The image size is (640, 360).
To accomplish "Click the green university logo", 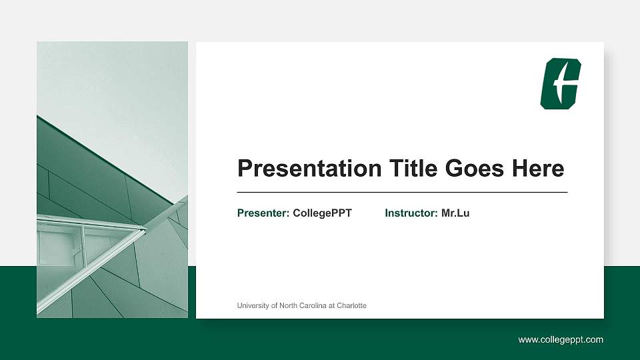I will tap(560, 83).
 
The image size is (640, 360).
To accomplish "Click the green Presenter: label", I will tap(263, 213).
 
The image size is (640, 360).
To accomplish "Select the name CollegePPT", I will tap(322, 213).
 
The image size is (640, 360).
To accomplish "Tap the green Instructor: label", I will tap(411, 213).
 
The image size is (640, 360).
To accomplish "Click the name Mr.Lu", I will tap(455, 213).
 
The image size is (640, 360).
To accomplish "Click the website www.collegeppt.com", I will tap(561, 340).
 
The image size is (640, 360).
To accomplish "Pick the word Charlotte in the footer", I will tap(351, 305).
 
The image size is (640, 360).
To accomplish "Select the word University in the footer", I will tap(253, 305).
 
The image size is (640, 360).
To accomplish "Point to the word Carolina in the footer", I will tap(309, 305).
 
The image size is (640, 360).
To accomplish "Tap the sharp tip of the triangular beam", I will tap(145, 230).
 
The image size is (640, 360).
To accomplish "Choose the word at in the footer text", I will tap(331, 305).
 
